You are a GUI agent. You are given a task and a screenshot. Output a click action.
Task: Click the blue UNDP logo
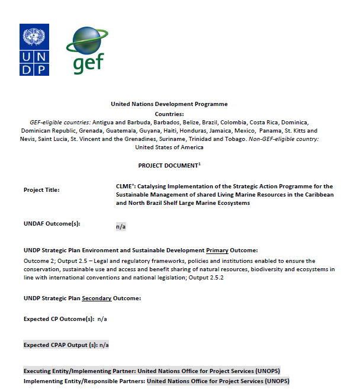(x=34, y=50)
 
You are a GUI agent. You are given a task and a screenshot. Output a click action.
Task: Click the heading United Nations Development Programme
(x=169, y=104)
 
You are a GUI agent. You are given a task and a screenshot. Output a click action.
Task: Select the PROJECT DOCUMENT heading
(x=169, y=166)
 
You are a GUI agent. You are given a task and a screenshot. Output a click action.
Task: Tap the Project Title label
(x=42, y=190)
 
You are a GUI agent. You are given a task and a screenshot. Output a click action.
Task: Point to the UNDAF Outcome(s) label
(x=52, y=223)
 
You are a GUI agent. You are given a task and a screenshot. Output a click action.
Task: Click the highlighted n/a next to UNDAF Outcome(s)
(x=121, y=226)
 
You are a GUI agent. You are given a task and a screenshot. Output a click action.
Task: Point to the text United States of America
(x=169, y=147)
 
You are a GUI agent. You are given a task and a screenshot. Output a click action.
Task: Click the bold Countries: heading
(x=169, y=114)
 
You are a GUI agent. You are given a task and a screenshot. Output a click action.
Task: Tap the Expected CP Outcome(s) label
(x=59, y=319)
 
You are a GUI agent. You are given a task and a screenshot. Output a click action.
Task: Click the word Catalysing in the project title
(x=155, y=186)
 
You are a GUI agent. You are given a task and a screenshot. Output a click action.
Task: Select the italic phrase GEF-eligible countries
(x=56, y=122)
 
